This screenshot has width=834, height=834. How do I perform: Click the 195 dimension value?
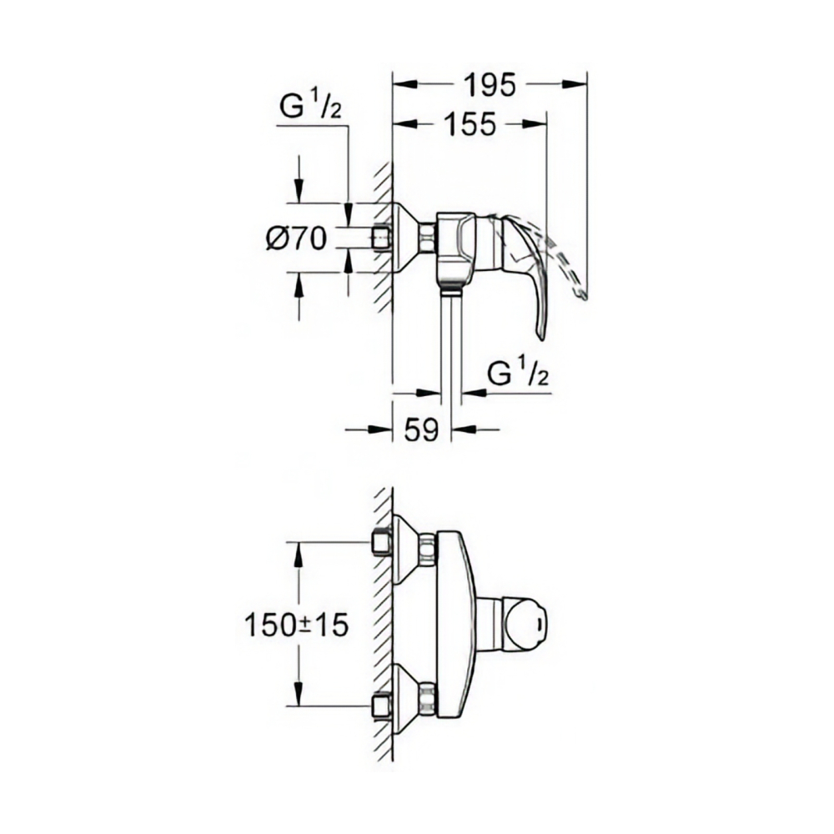tap(489, 83)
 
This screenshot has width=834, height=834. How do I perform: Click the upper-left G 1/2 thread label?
tap(308, 108)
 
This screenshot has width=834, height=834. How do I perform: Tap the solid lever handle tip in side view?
tap(540, 329)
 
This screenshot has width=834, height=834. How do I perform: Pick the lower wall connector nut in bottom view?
tap(428, 700)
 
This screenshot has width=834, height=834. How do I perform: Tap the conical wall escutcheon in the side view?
tap(404, 238)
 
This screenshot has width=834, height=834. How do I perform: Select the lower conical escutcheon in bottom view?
tap(405, 700)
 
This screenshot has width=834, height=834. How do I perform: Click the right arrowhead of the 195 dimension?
tap(579, 83)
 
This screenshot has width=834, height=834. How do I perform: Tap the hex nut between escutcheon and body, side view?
tap(428, 238)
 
